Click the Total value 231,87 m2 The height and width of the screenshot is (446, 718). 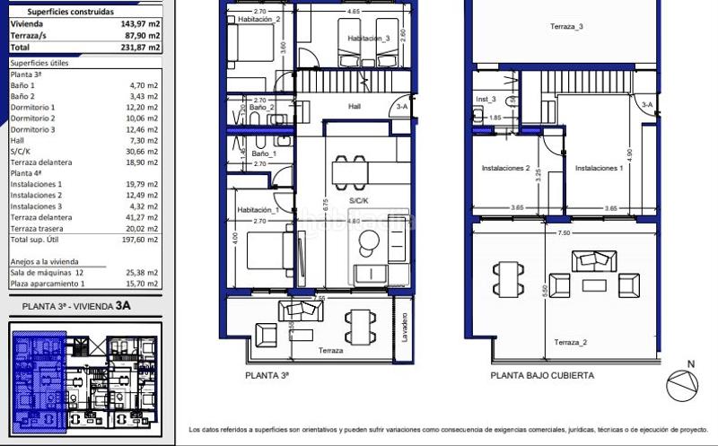[x=140, y=47]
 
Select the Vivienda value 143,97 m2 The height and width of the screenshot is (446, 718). [x=140, y=25]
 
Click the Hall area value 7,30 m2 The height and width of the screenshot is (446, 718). [x=144, y=141]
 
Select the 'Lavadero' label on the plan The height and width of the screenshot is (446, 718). [x=405, y=329]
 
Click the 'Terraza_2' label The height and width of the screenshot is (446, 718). [x=570, y=343]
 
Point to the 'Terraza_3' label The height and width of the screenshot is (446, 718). [x=566, y=27]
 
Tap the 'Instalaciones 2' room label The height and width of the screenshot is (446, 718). [x=506, y=168]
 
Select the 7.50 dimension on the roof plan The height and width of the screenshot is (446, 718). [x=564, y=232]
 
